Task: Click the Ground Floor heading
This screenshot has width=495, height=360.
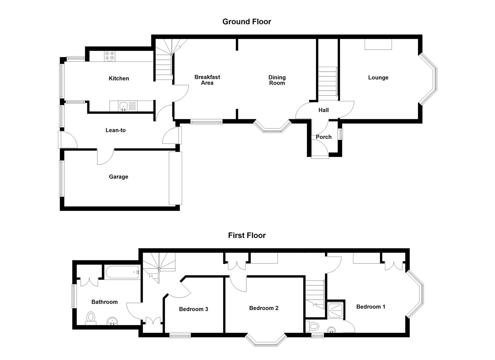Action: (247, 22)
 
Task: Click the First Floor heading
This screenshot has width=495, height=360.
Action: (247, 235)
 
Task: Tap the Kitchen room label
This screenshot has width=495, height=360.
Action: (119, 78)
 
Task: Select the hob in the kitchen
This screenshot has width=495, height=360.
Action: (110, 56)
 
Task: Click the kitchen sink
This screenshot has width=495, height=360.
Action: (123, 106)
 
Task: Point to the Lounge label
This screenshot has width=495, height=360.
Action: (378, 78)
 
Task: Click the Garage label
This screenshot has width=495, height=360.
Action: (118, 177)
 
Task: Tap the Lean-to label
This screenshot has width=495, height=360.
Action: (115, 130)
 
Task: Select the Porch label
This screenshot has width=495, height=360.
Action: (323, 137)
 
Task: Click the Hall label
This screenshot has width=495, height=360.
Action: (323, 110)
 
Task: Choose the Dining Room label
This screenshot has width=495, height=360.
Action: (277, 80)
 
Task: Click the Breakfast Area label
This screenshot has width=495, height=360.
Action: (207, 80)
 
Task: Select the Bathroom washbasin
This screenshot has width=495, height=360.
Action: (113, 321)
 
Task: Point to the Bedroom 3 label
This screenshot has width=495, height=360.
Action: (193, 309)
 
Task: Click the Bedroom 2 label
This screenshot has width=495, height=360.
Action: (264, 308)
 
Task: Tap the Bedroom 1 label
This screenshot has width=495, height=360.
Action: (371, 307)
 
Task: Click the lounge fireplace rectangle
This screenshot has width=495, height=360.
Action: (378, 44)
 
